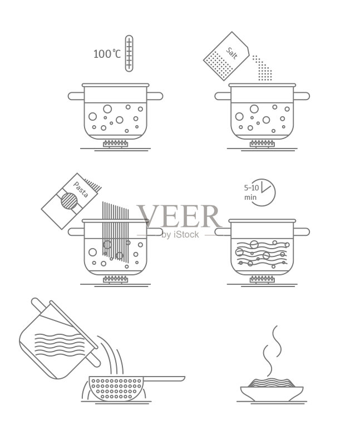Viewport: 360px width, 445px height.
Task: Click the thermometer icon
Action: pos(129,53)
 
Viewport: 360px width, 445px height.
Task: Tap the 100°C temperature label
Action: pos(107,54)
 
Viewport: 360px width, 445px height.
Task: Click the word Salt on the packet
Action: pos(231,53)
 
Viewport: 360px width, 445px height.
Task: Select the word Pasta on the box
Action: pos(81,189)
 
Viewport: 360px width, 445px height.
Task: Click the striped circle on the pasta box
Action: pos(69,201)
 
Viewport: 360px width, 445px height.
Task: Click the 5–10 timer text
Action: pos(251,187)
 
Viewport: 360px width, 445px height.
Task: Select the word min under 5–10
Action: pos(250,197)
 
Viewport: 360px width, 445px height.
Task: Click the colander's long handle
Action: pos(164,378)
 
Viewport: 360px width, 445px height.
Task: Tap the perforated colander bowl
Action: pos(116,388)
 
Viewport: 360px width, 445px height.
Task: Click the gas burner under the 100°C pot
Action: pos(115,144)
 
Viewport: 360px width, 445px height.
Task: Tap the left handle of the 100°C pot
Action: pos(76,96)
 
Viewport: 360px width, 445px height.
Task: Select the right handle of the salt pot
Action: pos(302,96)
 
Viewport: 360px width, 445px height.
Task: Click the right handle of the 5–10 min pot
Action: pos(302,232)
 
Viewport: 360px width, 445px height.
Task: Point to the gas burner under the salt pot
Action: pos(262,144)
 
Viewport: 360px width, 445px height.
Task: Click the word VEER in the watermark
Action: pos(179,216)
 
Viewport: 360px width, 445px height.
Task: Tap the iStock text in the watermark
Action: pos(186,234)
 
